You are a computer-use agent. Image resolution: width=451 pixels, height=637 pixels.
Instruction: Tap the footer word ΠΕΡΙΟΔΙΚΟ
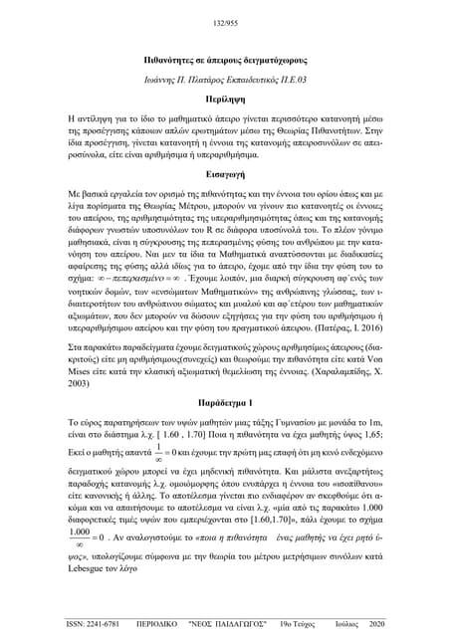click(x=164, y=624)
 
